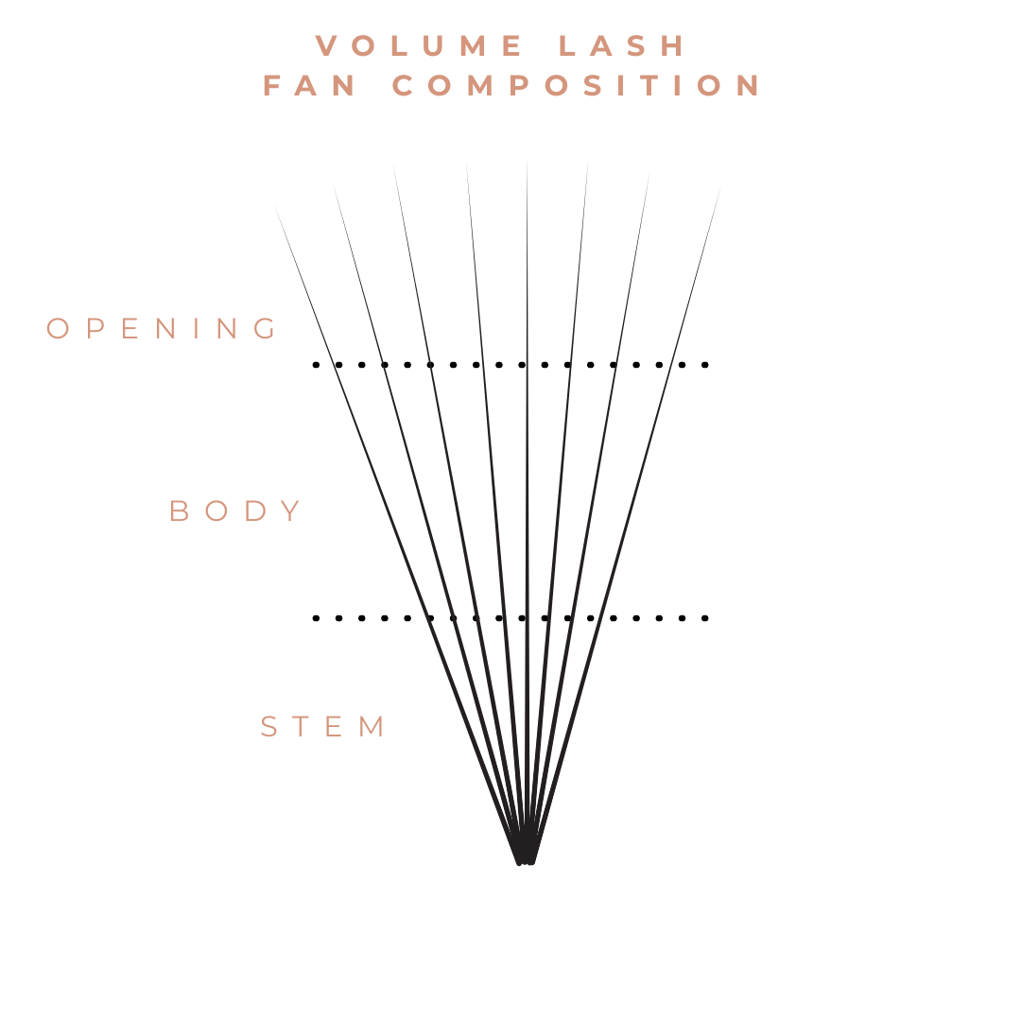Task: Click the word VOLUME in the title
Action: pos(420,46)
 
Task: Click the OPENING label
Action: pos(163,329)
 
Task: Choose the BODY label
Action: pos(235,511)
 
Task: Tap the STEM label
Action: pos(323,727)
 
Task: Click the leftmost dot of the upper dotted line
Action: pos(316,364)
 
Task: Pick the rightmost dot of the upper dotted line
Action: pos(705,364)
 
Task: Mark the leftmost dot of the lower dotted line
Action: pos(316,618)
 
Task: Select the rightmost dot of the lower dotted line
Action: pos(705,618)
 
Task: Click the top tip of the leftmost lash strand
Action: pos(275,205)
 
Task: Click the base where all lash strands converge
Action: pos(526,858)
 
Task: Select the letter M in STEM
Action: pos(374,727)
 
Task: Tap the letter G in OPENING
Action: pos(268,329)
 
